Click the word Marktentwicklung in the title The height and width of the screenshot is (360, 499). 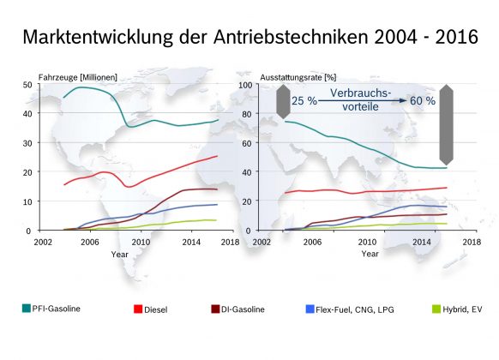[98, 37]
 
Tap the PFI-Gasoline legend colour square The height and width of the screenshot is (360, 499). [27, 309]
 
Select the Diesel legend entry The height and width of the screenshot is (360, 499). [151, 309]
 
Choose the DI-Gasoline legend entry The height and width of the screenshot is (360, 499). [237, 309]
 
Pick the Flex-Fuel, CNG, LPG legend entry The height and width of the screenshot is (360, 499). [350, 309]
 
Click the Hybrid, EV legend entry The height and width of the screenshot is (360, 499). [457, 309]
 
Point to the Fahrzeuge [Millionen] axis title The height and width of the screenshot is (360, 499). [78, 77]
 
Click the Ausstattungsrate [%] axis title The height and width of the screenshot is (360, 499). [298, 77]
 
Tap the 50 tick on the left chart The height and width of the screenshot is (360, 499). [27, 85]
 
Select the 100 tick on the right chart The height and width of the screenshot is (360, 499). [245, 85]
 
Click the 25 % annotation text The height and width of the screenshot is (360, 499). [304, 101]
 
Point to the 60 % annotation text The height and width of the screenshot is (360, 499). [423, 101]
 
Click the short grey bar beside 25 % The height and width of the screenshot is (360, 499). [283, 102]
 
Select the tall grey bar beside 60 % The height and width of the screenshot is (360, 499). [446, 124]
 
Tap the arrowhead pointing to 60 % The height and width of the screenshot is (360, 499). [404, 100]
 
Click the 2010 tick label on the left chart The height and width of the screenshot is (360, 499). [141, 242]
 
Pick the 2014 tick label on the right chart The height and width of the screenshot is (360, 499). [422, 242]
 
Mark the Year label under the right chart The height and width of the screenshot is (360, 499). [370, 254]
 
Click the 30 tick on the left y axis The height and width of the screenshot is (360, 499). [27, 143]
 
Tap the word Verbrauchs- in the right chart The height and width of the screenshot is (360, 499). [361, 93]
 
